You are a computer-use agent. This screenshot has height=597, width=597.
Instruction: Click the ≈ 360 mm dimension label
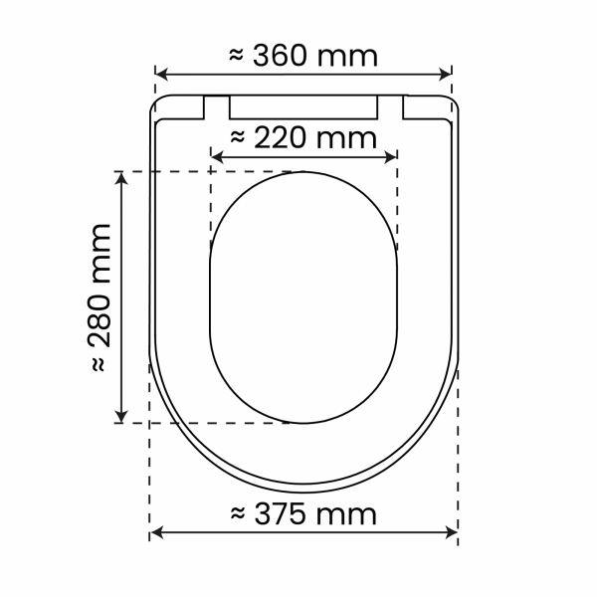303,56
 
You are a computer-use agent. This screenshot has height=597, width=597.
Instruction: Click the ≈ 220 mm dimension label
303,137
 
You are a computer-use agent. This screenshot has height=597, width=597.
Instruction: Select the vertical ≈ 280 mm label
100,298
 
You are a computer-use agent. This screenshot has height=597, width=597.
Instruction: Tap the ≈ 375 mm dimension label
303,514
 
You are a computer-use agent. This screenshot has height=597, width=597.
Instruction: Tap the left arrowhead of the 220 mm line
218,155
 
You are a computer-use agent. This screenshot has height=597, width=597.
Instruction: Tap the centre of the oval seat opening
304,298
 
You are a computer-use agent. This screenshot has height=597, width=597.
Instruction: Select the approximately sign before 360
237,57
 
